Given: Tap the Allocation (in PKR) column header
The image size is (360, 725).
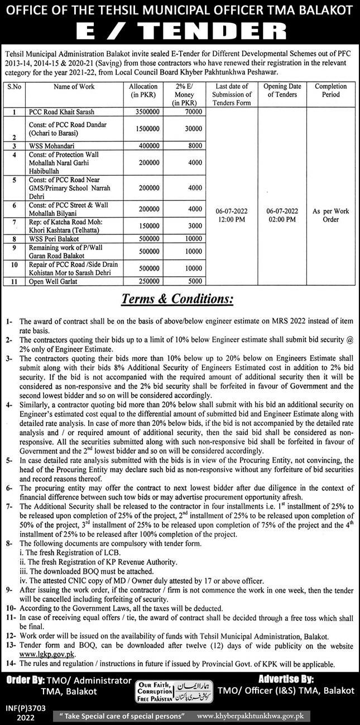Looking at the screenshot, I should click(x=143, y=90).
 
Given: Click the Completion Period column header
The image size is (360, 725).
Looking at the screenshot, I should click(x=330, y=90).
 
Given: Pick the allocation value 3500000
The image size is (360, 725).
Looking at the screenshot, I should click(x=143, y=112).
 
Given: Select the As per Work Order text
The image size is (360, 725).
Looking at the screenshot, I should click(x=330, y=216).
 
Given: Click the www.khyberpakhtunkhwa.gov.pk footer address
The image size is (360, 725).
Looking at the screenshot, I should click(x=277, y=716).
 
